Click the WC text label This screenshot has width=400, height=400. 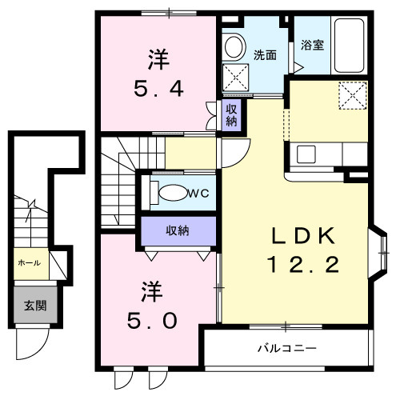coord(199,193)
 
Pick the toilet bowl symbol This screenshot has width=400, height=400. coord(171,193)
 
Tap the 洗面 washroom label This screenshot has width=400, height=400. coord(265,55)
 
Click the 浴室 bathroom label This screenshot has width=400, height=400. coord(313,46)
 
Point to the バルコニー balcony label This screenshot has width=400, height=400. coord(287,349)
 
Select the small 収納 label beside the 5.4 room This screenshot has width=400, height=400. coord(230,115)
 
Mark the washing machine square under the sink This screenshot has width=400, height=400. coord(236,78)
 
